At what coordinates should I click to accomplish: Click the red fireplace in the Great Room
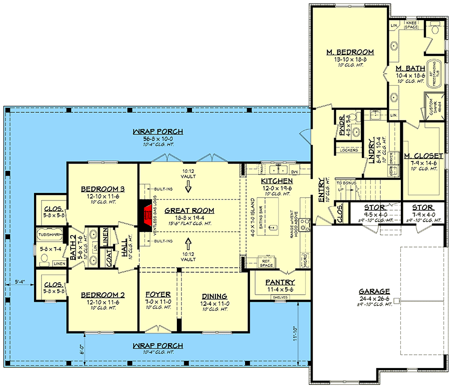pos(146,217)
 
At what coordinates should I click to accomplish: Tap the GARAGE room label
pos(374,291)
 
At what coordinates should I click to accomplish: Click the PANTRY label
pos(280,282)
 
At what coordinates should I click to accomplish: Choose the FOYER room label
pos(158,295)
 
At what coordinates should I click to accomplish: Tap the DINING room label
pos(214,296)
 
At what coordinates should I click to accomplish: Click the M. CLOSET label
pos(423,155)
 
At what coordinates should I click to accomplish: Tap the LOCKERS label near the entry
pos(348,150)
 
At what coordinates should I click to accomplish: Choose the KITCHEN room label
pos(277,180)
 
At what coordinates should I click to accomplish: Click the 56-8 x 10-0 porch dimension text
pos(158,139)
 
